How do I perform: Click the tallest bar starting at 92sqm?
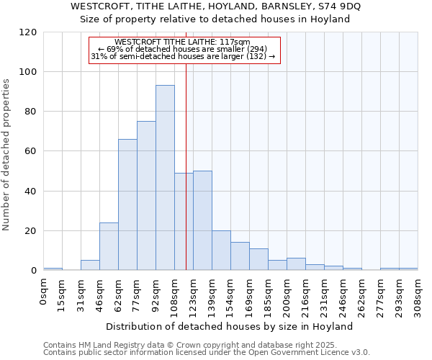[x=165, y=178]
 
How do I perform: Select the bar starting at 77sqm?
[x=146, y=196]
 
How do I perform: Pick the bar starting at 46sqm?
[x=109, y=246]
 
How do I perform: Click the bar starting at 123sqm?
[x=202, y=220]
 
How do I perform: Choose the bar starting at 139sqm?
[x=221, y=251]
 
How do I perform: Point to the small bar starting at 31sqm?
[x=90, y=265]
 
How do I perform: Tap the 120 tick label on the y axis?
[x=28, y=32]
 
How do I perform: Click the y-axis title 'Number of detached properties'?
[x=6, y=155]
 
